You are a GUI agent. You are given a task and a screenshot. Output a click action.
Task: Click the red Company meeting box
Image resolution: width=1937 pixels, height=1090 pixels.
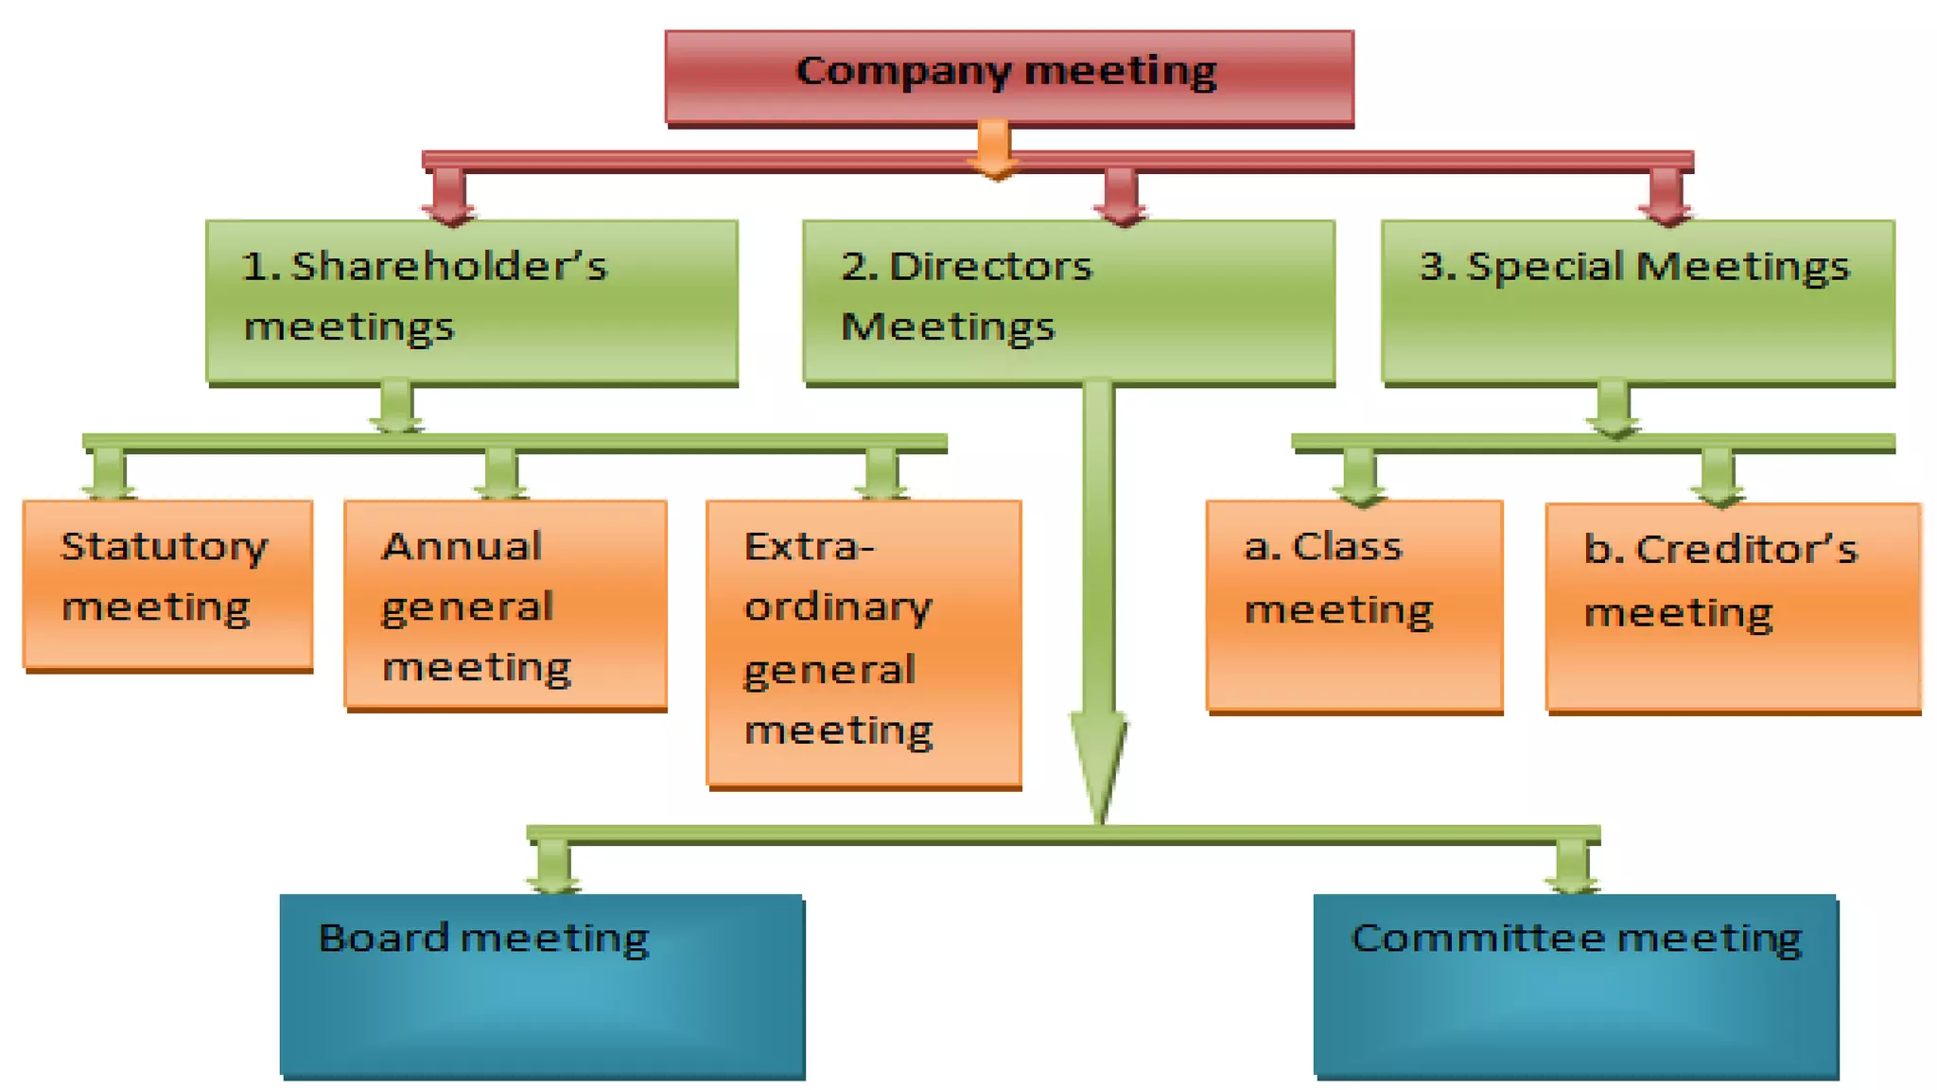[x=1009, y=77]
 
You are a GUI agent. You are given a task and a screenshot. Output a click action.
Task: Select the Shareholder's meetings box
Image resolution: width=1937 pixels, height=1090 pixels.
[x=471, y=301]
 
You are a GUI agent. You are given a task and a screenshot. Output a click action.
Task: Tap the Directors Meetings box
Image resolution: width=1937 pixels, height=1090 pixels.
[x=1068, y=301]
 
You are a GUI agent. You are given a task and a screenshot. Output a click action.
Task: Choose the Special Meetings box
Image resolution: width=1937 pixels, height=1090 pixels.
[x=1637, y=301]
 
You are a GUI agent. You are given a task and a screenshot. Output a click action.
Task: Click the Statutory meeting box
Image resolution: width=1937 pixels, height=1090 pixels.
[x=167, y=584]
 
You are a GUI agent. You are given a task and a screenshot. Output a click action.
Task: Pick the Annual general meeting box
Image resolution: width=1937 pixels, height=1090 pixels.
[x=505, y=604]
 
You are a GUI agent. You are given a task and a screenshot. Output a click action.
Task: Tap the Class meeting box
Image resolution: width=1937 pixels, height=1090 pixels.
[x=1353, y=604]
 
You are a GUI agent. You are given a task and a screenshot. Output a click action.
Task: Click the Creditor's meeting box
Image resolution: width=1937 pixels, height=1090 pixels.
[x=1733, y=606]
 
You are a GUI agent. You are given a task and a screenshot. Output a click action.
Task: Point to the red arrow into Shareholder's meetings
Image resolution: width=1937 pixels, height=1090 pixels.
[x=449, y=197]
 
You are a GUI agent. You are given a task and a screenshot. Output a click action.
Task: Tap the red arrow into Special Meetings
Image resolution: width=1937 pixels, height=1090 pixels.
[x=1666, y=197]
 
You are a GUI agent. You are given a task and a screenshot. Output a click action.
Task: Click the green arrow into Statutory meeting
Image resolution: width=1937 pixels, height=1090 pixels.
[x=109, y=473]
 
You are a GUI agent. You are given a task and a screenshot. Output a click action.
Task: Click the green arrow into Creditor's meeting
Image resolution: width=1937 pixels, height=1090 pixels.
[x=1718, y=476]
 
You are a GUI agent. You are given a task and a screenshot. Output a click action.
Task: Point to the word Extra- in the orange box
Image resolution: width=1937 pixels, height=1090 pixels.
[x=809, y=547]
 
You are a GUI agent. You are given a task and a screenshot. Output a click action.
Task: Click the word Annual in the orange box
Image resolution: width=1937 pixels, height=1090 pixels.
[x=462, y=547]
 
